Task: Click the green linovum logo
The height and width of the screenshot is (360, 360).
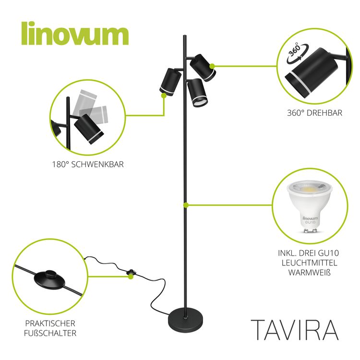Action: [x=75, y=34]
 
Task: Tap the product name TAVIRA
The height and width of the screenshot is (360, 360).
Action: [x=295, y=330]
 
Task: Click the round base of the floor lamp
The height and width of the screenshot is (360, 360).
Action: [x=185, y=319]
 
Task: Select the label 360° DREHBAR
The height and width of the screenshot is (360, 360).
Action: [x=314, y=113]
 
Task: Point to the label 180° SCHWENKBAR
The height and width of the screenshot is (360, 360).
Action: [x=88, y=164]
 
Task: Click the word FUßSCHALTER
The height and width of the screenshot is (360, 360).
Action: [x=50, y=333]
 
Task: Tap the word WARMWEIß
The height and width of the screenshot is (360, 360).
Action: [x=309, y=273]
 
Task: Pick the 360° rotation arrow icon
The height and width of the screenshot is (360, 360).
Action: [x=297, y=54]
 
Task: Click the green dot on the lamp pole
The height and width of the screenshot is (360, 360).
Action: [x=186, y=205]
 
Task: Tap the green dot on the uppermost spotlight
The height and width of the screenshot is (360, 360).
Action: [x=212, y=66]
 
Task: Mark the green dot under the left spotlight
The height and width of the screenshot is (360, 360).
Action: [x=164, y=96]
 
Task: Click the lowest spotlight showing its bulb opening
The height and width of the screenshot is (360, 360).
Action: [x=197, y=93]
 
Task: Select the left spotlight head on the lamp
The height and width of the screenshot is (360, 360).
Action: [x=170, y=82]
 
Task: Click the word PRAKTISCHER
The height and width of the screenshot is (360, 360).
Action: [x=50, y=323]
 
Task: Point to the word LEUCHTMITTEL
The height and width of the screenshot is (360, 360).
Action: [x=309, y=263]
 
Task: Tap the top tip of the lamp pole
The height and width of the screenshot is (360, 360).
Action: [x=185, y=36]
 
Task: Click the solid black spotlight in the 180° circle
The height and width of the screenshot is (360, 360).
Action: [x=89, y=129]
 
